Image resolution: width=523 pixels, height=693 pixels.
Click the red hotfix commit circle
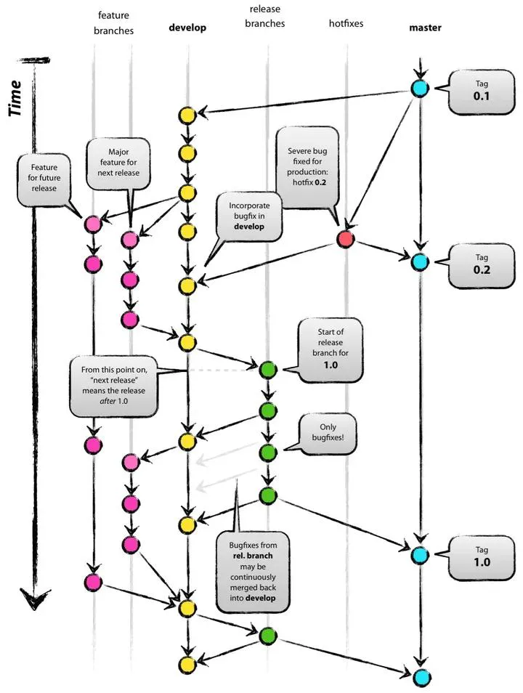pos(346,239)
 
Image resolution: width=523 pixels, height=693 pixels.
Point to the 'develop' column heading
pos(187,28)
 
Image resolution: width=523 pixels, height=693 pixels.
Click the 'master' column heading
pos(425,28)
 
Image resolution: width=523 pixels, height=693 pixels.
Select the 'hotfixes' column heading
pos(345,23)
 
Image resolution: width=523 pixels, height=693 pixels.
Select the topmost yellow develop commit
pos(187,114)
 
